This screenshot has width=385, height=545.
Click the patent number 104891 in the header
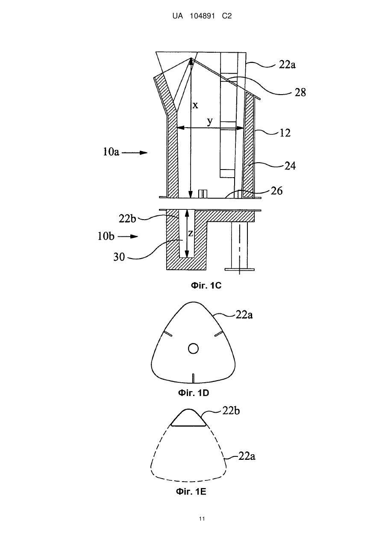point(202,16)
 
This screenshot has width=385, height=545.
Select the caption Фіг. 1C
point(206,285)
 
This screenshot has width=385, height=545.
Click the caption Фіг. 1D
point(194,393)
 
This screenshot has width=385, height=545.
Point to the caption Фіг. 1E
point(191,491)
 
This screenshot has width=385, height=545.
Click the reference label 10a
point(111,152)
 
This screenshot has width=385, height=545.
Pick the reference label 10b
point(106,236)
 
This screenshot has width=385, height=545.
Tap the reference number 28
point(300,92)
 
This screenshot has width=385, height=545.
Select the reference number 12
point(285,133)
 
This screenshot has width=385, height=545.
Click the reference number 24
point(290,166)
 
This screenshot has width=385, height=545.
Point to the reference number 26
point(276,191)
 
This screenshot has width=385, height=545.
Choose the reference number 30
point(119,257)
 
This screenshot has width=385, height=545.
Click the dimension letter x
point(195,105)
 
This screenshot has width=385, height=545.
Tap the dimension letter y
point(210,121)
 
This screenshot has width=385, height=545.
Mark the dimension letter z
point(191,233)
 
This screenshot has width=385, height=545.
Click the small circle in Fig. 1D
point(193,348)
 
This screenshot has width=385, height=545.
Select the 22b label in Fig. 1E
point(231,411)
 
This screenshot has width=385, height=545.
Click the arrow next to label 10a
point(135,152)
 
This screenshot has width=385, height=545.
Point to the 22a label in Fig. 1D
point(244,315)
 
